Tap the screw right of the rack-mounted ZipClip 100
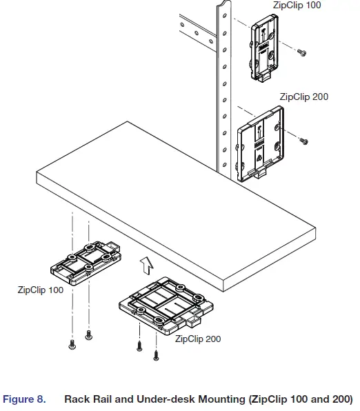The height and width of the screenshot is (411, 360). coord(301,52)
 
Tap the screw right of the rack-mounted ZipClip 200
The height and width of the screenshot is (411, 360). coord(303,141)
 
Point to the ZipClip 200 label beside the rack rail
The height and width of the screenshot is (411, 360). coord(303,97)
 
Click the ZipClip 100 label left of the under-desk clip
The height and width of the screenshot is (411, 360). coord(41,290)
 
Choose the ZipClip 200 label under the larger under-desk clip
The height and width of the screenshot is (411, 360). coord(198,339)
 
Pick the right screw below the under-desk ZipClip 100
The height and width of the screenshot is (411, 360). coord(88,336)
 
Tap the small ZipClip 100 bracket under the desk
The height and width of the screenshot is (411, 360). coord(84,261)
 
